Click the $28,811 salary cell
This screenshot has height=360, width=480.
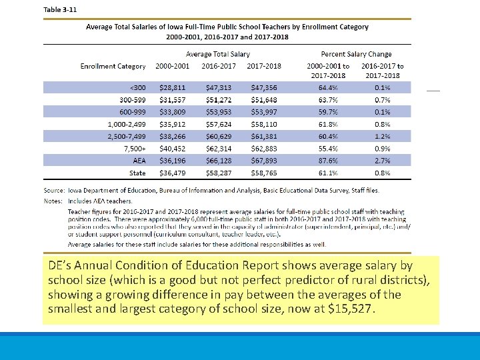173,87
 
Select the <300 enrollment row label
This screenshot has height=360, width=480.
137,87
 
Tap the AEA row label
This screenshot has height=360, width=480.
139,160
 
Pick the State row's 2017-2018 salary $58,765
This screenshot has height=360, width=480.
264,173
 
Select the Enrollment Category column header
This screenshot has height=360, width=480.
113,66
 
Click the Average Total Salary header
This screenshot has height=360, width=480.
217,54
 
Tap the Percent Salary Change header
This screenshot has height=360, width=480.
356,54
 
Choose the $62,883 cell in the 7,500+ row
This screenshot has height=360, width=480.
264,148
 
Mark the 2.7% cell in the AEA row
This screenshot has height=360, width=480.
382,160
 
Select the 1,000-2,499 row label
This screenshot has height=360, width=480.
127,124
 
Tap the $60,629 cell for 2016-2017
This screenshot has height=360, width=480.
219,136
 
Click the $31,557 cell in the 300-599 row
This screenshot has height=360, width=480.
173,99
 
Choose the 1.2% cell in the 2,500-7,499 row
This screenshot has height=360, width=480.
382,136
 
